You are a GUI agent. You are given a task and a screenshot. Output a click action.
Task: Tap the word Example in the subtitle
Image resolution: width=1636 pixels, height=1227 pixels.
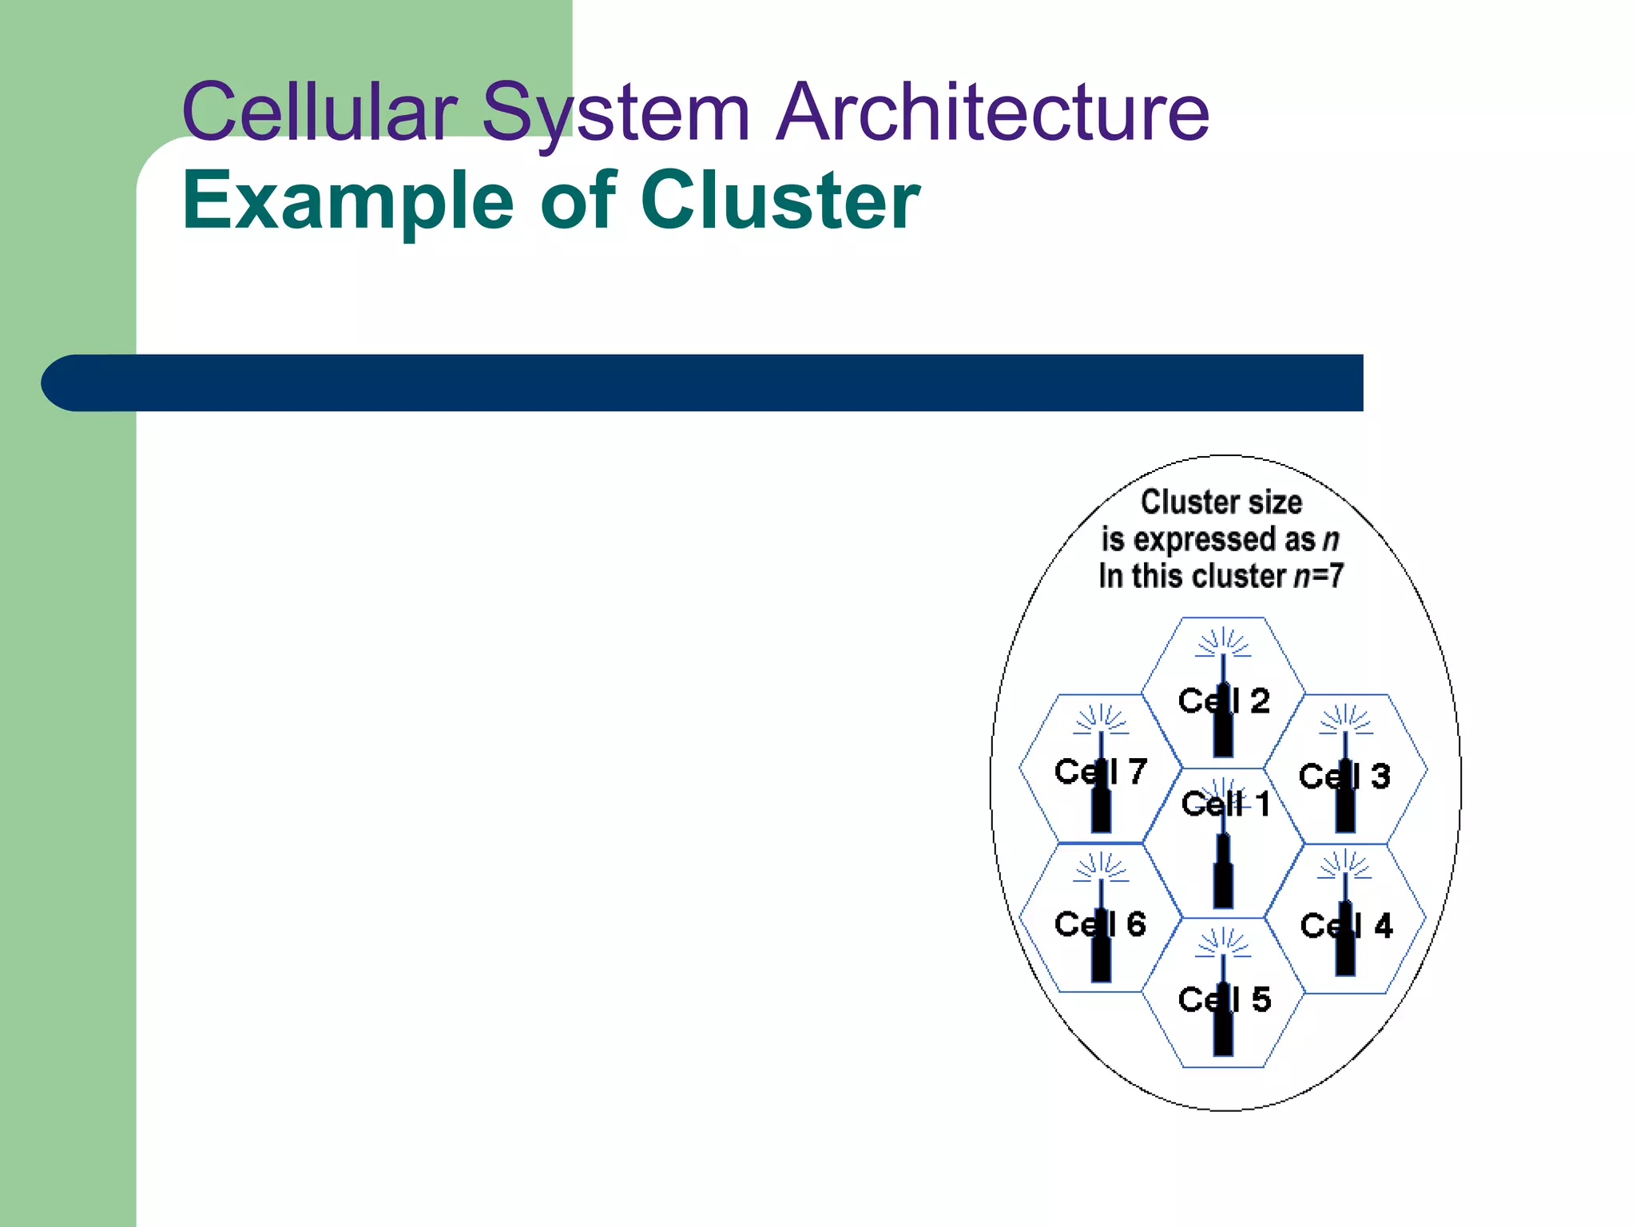[x=348, y=201]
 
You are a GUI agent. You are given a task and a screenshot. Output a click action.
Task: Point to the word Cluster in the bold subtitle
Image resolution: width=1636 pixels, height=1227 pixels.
[x=780, y=201]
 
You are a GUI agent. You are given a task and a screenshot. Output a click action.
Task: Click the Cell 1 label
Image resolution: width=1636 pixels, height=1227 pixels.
[x=1225, y=804]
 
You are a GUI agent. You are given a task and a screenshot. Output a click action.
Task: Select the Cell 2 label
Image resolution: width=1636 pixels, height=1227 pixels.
[x=1223, y=701]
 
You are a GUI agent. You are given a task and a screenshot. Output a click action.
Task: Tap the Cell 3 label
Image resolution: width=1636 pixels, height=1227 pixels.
[x=1344, y=776]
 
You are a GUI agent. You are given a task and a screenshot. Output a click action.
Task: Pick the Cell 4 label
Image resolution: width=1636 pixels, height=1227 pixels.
[x=1346, y=926]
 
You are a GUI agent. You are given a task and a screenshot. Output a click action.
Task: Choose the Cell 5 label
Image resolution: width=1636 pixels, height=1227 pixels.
[x=1224, y=999]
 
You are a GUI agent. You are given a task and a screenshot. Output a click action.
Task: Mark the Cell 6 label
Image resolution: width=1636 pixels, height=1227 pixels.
[x=1100, y=924]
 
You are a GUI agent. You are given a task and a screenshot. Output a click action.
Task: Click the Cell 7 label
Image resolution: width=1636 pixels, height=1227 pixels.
[x=1100, y=772]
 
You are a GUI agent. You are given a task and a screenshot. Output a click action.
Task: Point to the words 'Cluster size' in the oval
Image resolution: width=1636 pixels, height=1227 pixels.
[x=1221, y=502]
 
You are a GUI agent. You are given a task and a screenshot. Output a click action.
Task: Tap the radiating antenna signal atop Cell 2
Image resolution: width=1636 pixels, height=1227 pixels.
[x=1223, y=642]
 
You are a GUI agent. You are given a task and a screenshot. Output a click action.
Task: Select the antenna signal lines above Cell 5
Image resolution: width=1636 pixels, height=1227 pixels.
[x=1223, y=942]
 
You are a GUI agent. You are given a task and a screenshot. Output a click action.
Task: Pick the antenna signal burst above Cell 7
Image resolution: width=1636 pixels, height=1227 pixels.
[x=1101, y=719]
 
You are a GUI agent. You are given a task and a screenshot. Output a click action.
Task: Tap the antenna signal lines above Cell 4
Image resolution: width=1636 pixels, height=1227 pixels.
[x=1345, y=864]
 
